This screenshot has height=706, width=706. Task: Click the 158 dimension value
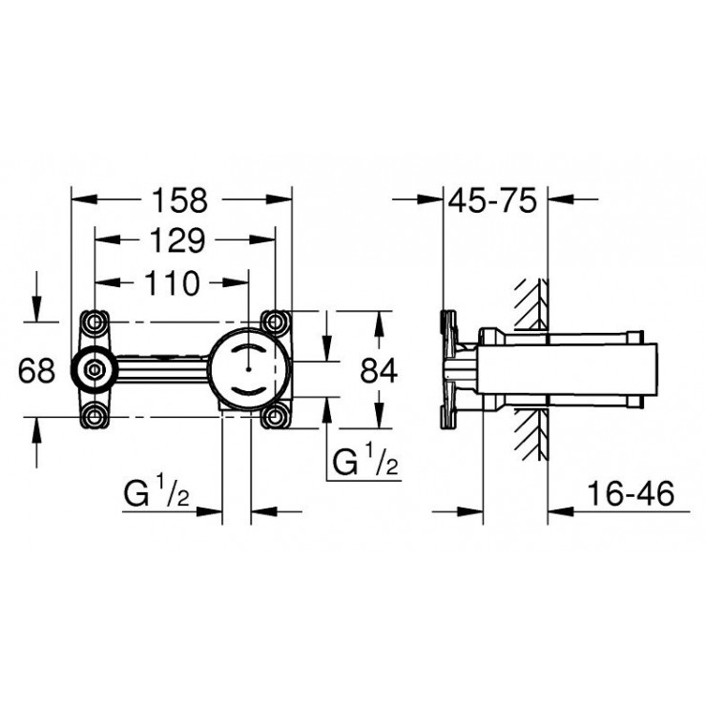pyautogui.click(x=182, y=201)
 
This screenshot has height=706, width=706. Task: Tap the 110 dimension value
pyautogui.click(x=172, y=283)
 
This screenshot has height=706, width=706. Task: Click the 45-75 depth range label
pyautogui.click(x=496, y=201)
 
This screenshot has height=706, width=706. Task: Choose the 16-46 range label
pyautogui.click(x=631, y=495)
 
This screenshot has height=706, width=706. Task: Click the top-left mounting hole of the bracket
pyautogui.click(x=94, y=321)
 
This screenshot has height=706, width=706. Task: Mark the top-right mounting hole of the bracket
pyautogui.click(x=275, y=321)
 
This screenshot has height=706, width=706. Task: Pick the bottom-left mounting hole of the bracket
pyautogui.click(x=94, y=414)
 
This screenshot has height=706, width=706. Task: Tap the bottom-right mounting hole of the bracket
pyautogui.click(x=275, y=414)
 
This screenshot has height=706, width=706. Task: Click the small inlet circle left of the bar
pyautogui.click(x=93, y=367)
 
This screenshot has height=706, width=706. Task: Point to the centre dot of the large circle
pyautogui.click(x=246, y=365)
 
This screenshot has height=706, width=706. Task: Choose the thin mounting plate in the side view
pyautogui.click(x=446, y=368)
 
